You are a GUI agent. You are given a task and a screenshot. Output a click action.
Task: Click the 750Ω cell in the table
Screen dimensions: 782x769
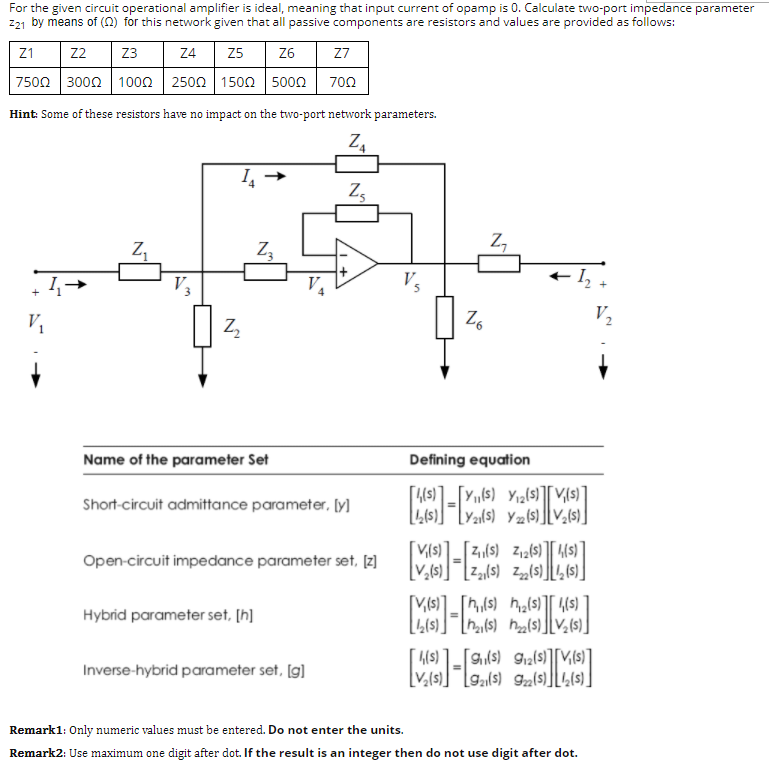click(x=34, y=82)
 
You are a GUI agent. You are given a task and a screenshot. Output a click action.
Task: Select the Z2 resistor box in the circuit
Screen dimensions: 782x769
click(x=203, y=325)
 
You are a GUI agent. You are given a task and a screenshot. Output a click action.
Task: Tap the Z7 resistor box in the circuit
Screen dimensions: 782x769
click(x=497, y=263)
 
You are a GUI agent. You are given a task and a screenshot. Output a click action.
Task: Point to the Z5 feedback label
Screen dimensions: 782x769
click(x=357, y=191)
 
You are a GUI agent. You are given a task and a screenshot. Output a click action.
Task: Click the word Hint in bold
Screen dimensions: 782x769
click(x=23, y=114)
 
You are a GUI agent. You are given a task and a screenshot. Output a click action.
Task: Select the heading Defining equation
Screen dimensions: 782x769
click(x=469, y=460)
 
